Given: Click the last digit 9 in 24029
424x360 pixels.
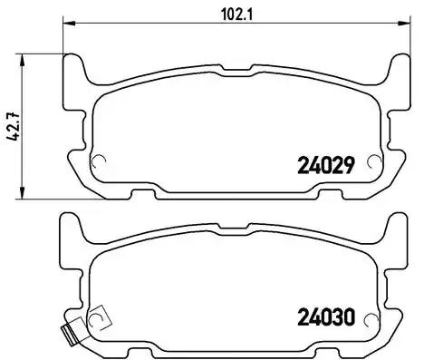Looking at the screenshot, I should point(347,165).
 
